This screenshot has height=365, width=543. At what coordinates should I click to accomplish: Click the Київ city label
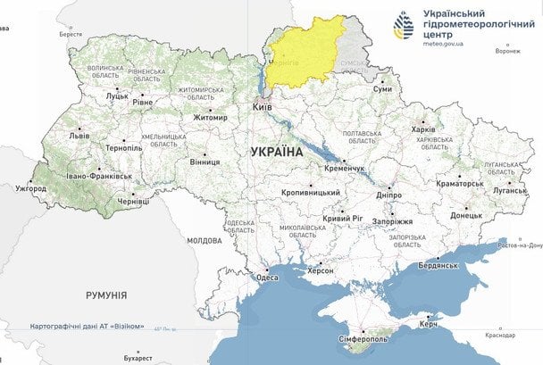pos(263,106)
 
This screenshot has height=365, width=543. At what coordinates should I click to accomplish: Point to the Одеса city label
pos(267,278)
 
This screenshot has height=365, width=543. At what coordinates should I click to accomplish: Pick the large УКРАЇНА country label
pos(278,153)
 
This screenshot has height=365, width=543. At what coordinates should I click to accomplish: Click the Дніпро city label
pos(389,194)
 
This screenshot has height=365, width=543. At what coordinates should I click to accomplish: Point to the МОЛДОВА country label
pos(205,241)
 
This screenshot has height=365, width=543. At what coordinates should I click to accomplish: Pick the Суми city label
pos(382,89)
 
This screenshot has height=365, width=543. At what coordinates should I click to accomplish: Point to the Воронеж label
pos(507,51)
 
